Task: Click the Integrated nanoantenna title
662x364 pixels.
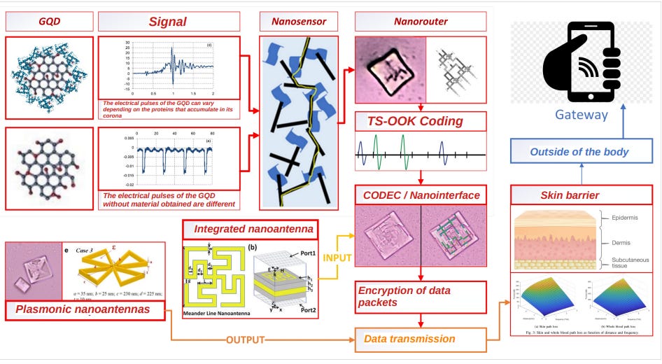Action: click(248, 228)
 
